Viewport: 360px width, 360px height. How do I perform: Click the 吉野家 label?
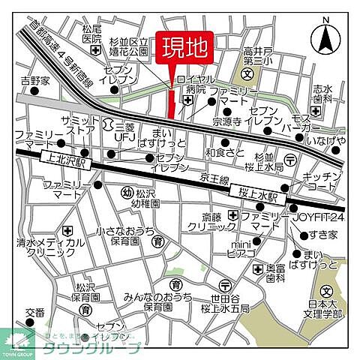[x=34, y=79]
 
